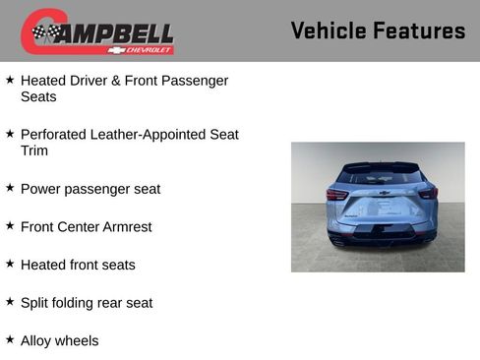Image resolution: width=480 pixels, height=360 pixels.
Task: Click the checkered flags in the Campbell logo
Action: pos(46,31)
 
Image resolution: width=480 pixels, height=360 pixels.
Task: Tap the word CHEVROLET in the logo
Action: pos(149,50)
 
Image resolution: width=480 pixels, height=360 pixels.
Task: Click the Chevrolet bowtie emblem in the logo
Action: pos(117,50)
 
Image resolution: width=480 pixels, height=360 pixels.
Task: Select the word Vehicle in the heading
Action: pos(329,30)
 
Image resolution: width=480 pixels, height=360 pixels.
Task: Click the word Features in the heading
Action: pos(420,30)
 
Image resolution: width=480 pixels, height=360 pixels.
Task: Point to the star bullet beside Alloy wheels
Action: pos(10,339)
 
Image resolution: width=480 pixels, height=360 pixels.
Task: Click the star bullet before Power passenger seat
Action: pos(10,188)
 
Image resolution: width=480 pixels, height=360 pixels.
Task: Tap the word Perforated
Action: pos(53,135)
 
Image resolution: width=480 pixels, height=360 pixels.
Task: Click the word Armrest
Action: pos(127,227)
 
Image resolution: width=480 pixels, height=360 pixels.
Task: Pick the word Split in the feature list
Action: pos(34,303)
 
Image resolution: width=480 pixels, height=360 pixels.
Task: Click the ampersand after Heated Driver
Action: pos(116,81)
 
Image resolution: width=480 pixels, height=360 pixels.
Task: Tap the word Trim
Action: pos(34,150)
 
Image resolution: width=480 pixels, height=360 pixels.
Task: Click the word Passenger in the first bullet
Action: pos(195,82)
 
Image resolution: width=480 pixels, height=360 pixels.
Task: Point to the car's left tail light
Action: pos(336,194)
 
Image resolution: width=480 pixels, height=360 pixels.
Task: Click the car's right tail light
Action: pos(429,193)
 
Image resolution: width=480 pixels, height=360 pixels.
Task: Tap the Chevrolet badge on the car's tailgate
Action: pos(385,193)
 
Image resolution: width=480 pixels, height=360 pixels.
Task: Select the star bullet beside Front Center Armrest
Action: pos(10,225)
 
